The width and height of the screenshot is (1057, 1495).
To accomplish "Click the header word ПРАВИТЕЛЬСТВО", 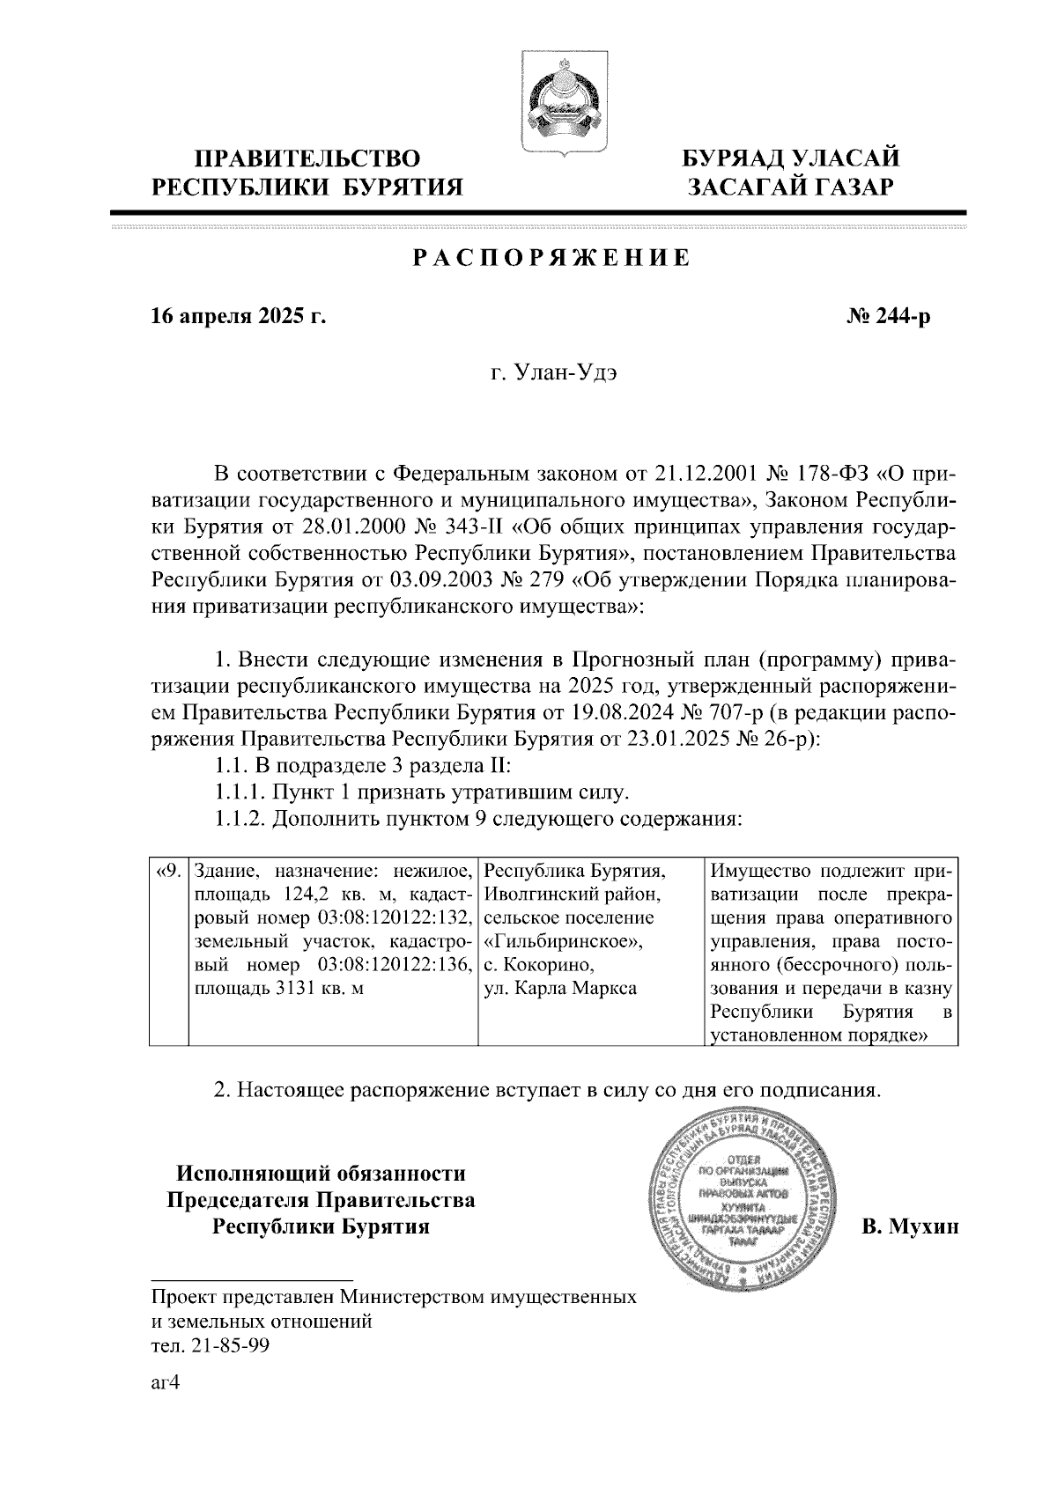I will click(x=307, y=159).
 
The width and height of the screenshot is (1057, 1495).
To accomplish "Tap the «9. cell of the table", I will click(x=168, y=873).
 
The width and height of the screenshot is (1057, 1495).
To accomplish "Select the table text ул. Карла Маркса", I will click(x=561, y=988).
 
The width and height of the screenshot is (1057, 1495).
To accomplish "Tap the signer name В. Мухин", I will click(x=909, y=1226).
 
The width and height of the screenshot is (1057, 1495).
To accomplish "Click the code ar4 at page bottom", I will click(x=166, y=1383).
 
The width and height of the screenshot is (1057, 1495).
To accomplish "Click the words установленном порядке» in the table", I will click(x=819, y=1035).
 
